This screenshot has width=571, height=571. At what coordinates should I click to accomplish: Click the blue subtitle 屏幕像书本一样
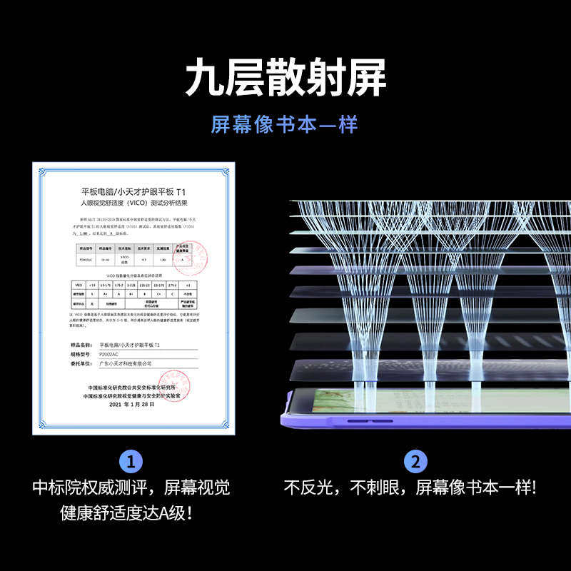(284, 124)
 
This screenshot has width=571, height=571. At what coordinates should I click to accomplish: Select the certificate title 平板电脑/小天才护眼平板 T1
(133, 192)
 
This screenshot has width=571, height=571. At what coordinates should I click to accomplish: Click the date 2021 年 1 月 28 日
(133, 404)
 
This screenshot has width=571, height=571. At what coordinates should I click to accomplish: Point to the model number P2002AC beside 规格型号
(114, 353)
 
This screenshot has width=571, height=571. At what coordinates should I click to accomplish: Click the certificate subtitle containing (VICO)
(133, 203)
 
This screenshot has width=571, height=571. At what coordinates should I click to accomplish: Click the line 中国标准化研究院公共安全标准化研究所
(133, 386)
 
